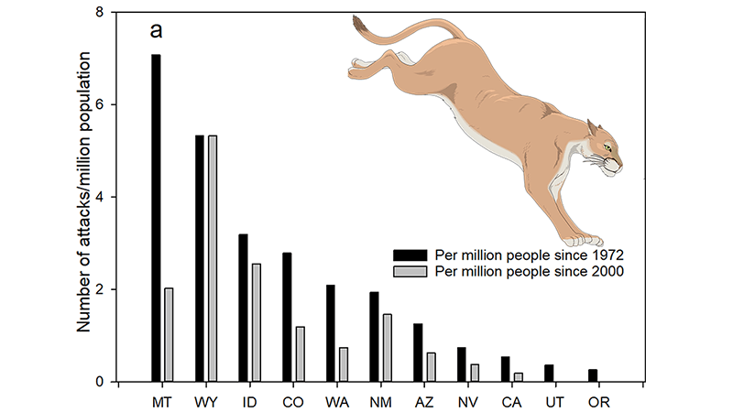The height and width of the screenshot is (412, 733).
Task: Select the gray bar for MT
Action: (x=168, y=335)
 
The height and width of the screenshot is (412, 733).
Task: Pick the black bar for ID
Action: (x=243, y=308)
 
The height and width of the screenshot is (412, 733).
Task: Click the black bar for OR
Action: (x=592, y=375)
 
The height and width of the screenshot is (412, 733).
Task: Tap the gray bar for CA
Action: (x=518, y=377)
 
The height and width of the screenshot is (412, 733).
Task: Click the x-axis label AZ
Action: (x=423, y=401)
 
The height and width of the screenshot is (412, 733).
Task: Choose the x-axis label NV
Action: (x=467, y=401)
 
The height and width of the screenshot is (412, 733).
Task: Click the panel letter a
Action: (x=158, y=30)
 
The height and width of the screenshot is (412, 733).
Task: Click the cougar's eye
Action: (x=607, y=146)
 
